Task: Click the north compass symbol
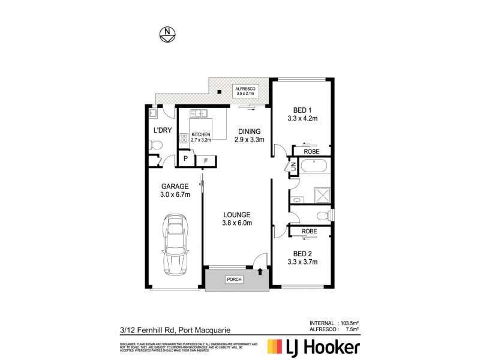tap(167, 34)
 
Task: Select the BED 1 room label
tap(301, 114)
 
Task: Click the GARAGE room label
tap(175, 190)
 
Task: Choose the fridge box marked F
tap(206, 161)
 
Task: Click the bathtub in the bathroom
tap(313, 167)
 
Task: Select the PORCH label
tap(233, 280)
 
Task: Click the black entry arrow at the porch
tap(259, 272)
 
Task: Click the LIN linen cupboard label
tap(293, 168)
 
